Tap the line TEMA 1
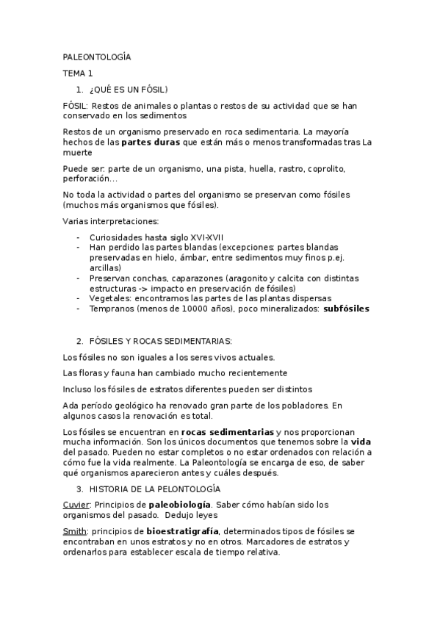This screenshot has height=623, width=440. click(78, 73)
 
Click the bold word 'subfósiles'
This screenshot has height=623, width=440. click(346, 309)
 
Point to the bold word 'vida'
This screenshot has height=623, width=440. click(360, 442)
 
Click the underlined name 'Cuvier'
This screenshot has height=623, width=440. click(77, 505)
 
